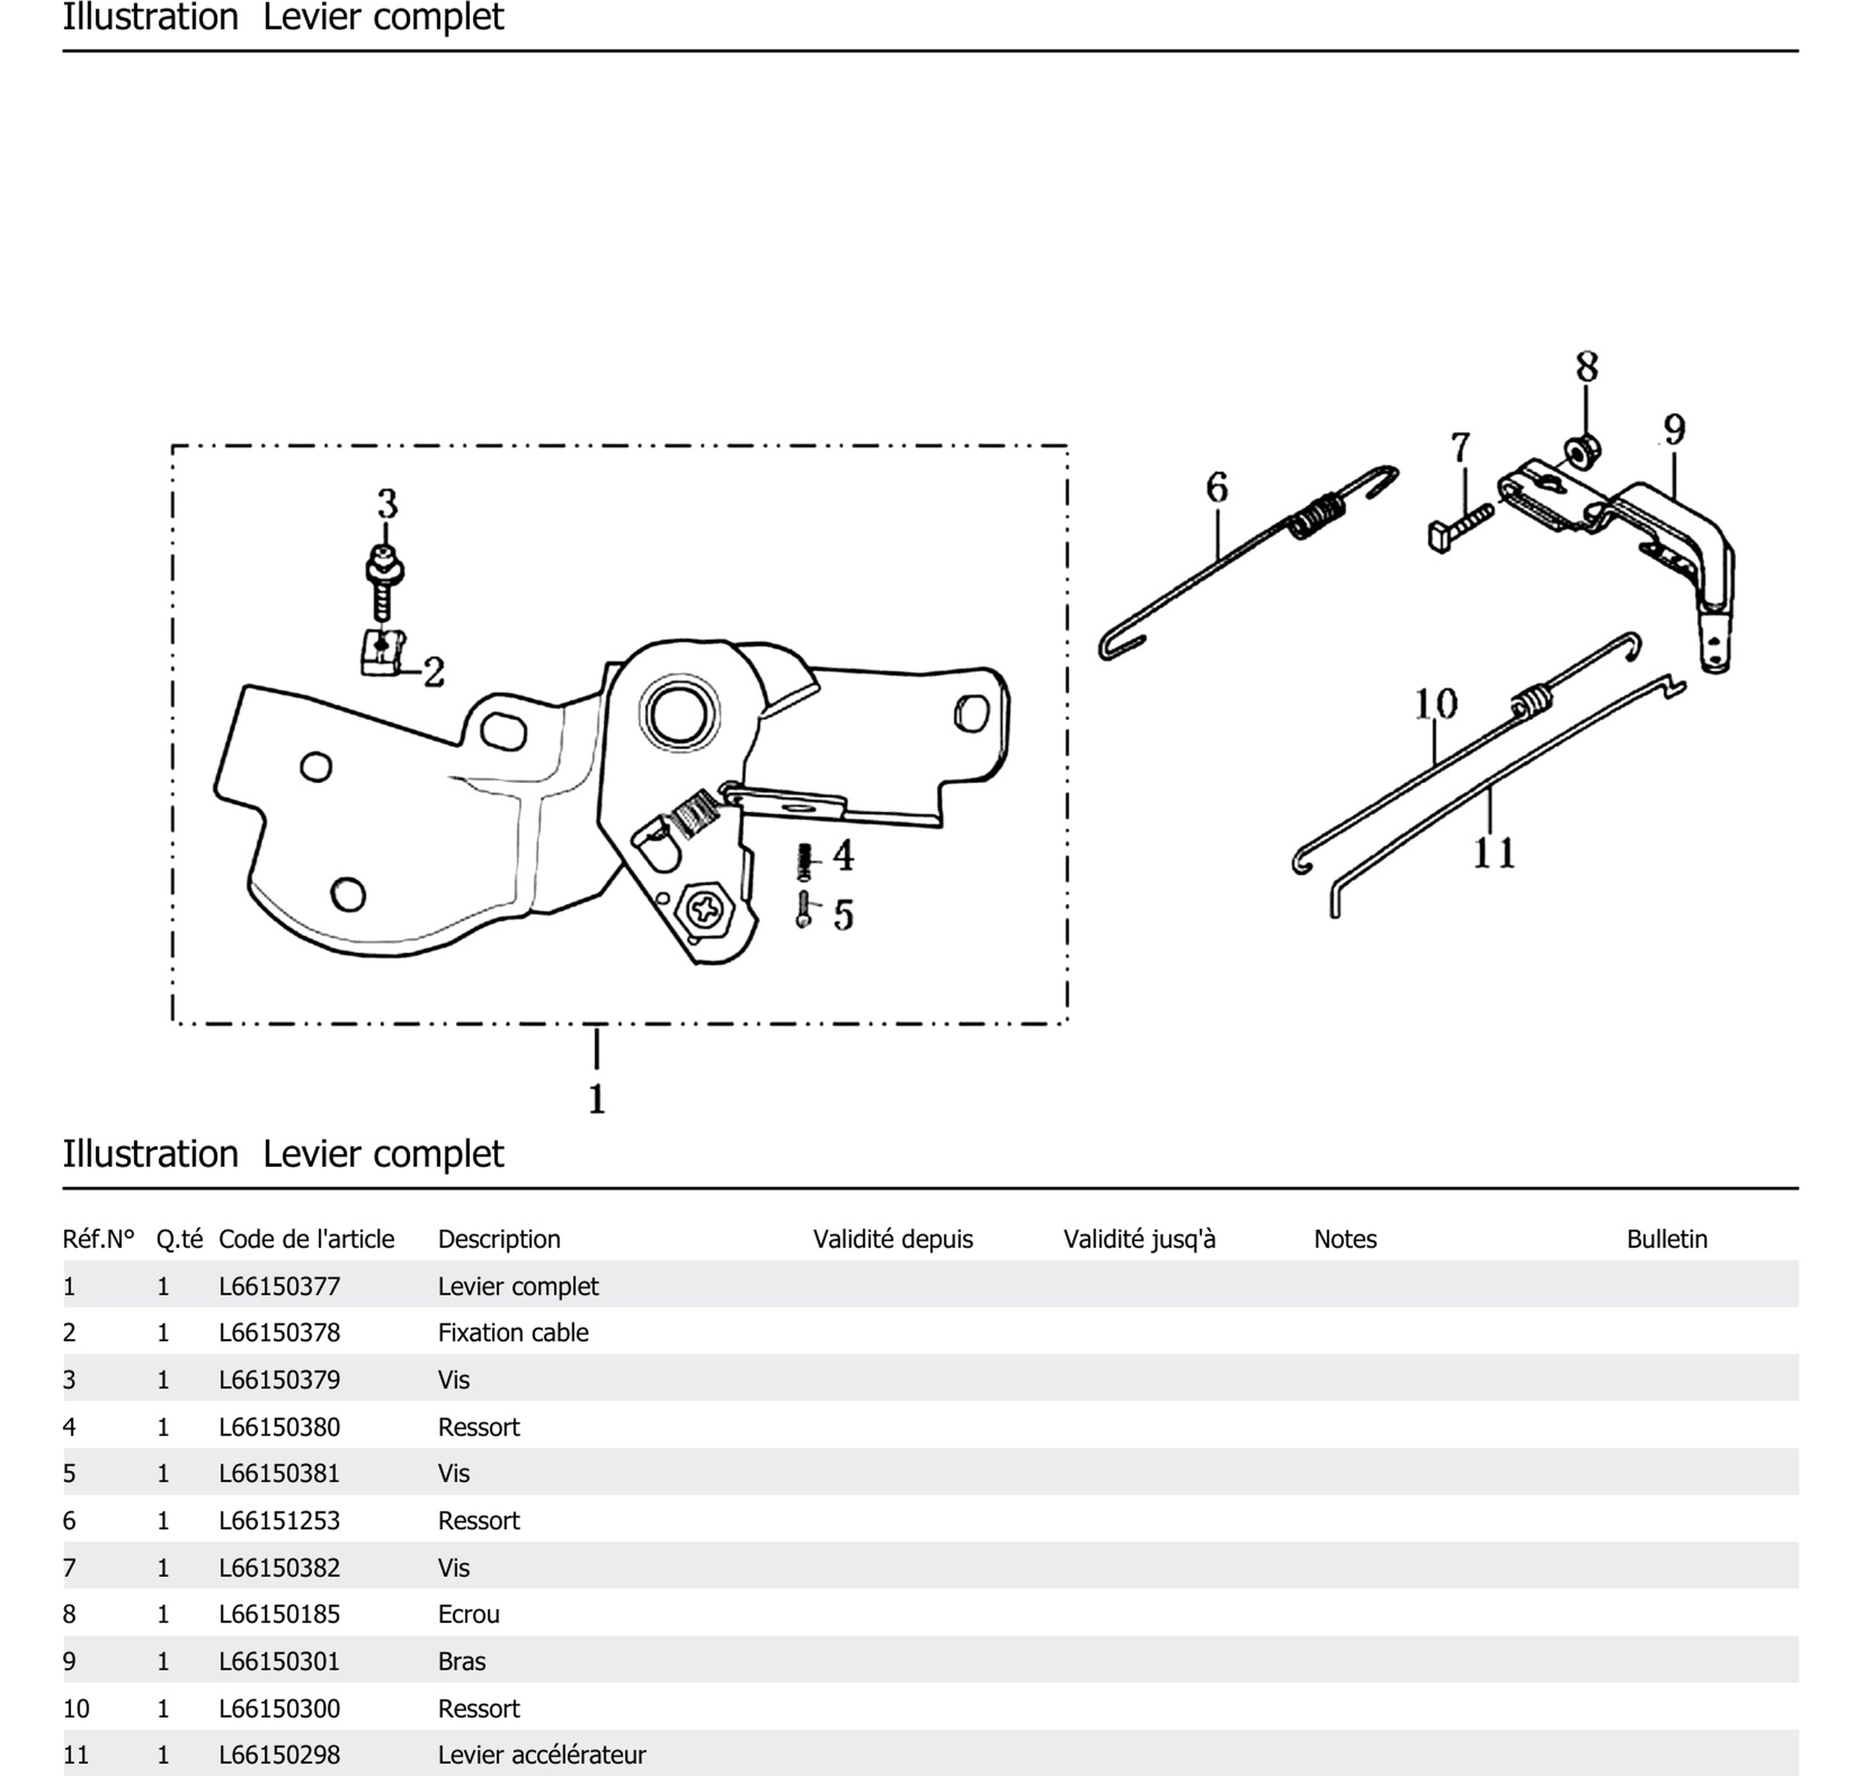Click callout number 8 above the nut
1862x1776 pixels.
pos(1587,367)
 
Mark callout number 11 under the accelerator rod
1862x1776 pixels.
pos(1494,853)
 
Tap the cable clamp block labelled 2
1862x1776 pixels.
pos(382,653)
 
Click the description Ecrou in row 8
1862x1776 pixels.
pos(468,1614)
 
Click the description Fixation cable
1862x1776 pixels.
pos(513,1333)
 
